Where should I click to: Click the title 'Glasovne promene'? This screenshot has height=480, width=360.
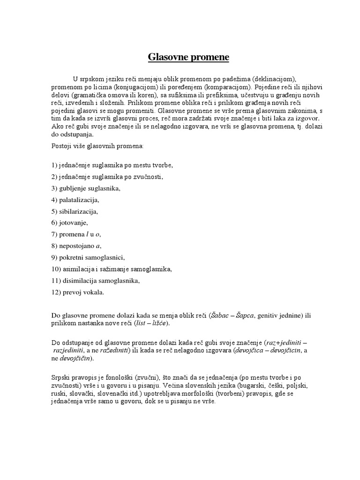[182, 58]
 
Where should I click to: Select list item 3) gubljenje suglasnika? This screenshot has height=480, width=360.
[86, 188]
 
